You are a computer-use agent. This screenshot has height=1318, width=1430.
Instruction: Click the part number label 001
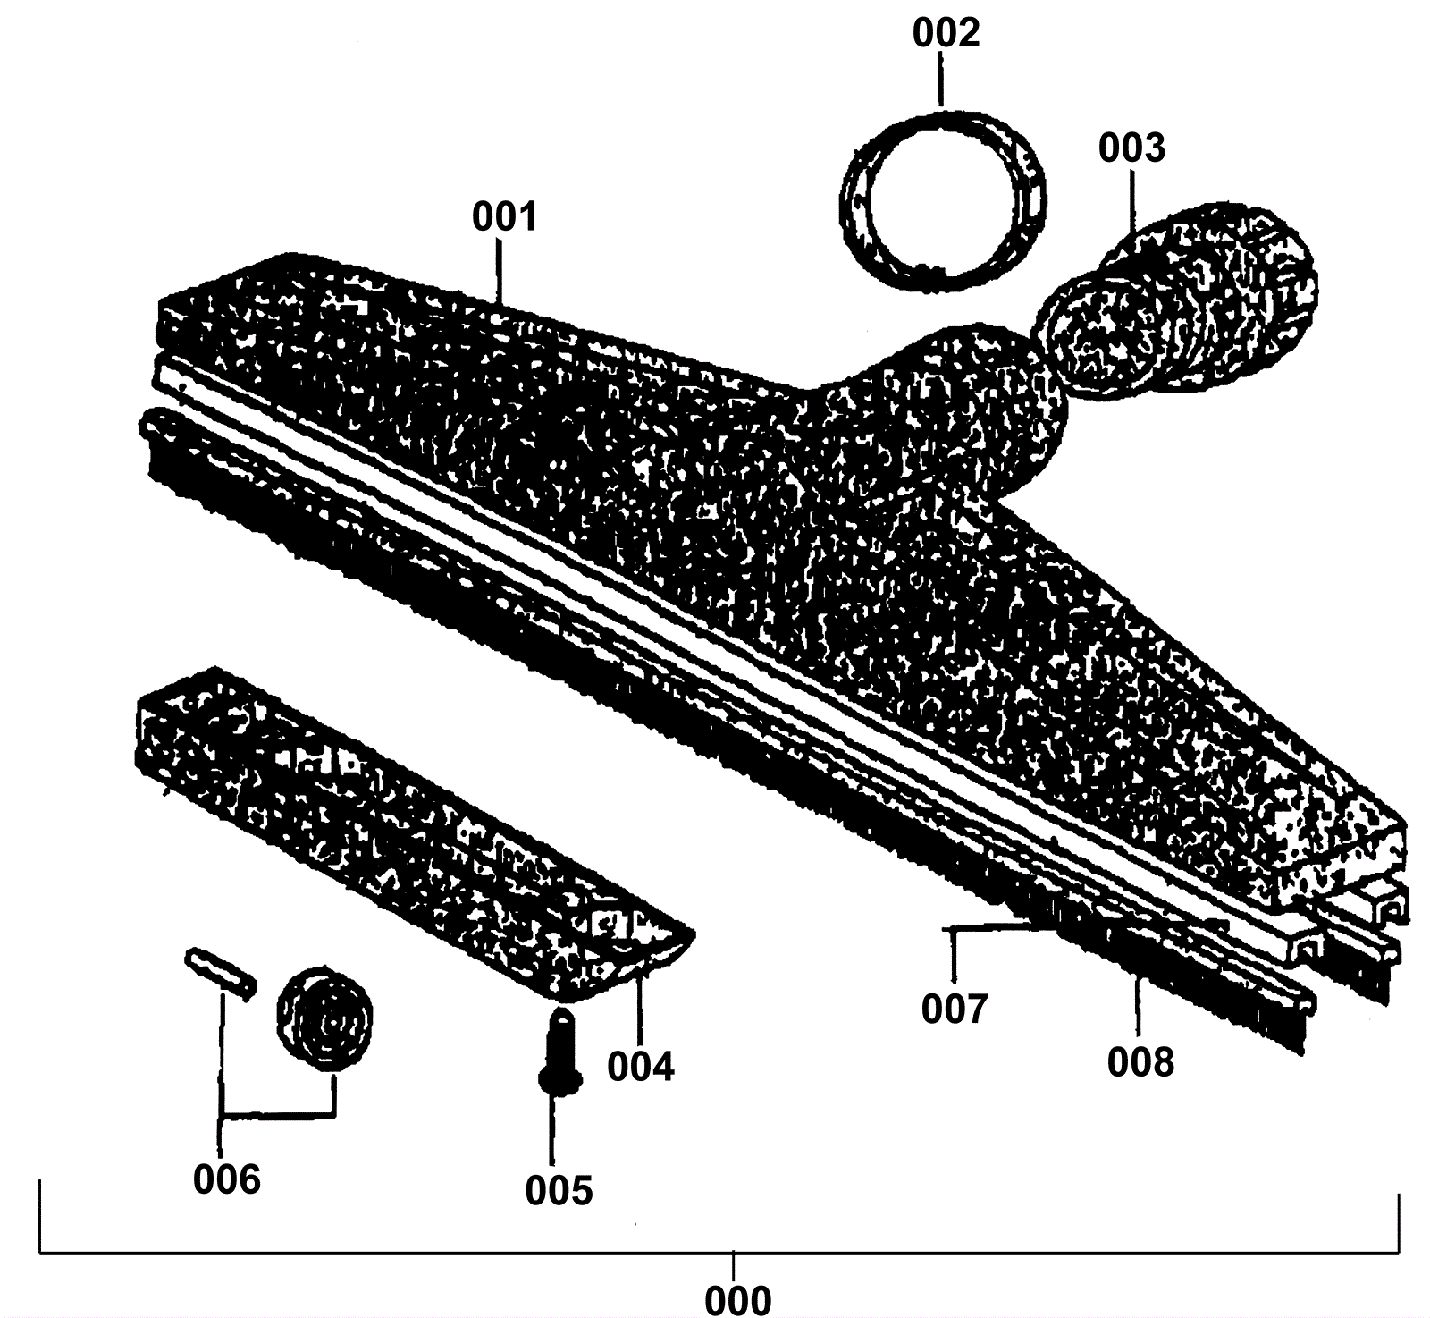pyautogui.click(x=504, y=217)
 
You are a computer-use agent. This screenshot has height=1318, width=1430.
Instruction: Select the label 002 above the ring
pyautogui.click(x=946, y=33)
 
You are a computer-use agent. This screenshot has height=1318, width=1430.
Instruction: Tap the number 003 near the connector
pyautogui.click(x=1131, y=148)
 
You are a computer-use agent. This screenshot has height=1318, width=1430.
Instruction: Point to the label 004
pyautogui.click(x=641, y=1067)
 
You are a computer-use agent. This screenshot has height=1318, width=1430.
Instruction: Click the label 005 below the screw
pyautogui.click(x=559, y=1190)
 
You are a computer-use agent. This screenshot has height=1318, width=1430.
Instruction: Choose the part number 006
pyautogui.click(x=227, y=1180)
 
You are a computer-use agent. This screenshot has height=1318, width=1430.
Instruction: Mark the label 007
pyautogui.click(x=955, y=1010)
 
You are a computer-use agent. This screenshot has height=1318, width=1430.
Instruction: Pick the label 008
pyautogui.click(x=1140, y=1062)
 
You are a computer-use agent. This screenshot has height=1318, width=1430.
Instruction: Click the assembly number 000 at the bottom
pyautogui.click(x=737, y=1299)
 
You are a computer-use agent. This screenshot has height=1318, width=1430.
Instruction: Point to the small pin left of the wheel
pyautogui.click(x=220, y=971)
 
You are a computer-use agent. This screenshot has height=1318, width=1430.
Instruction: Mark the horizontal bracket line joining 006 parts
pyautogui.click(x=277, y=1114)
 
